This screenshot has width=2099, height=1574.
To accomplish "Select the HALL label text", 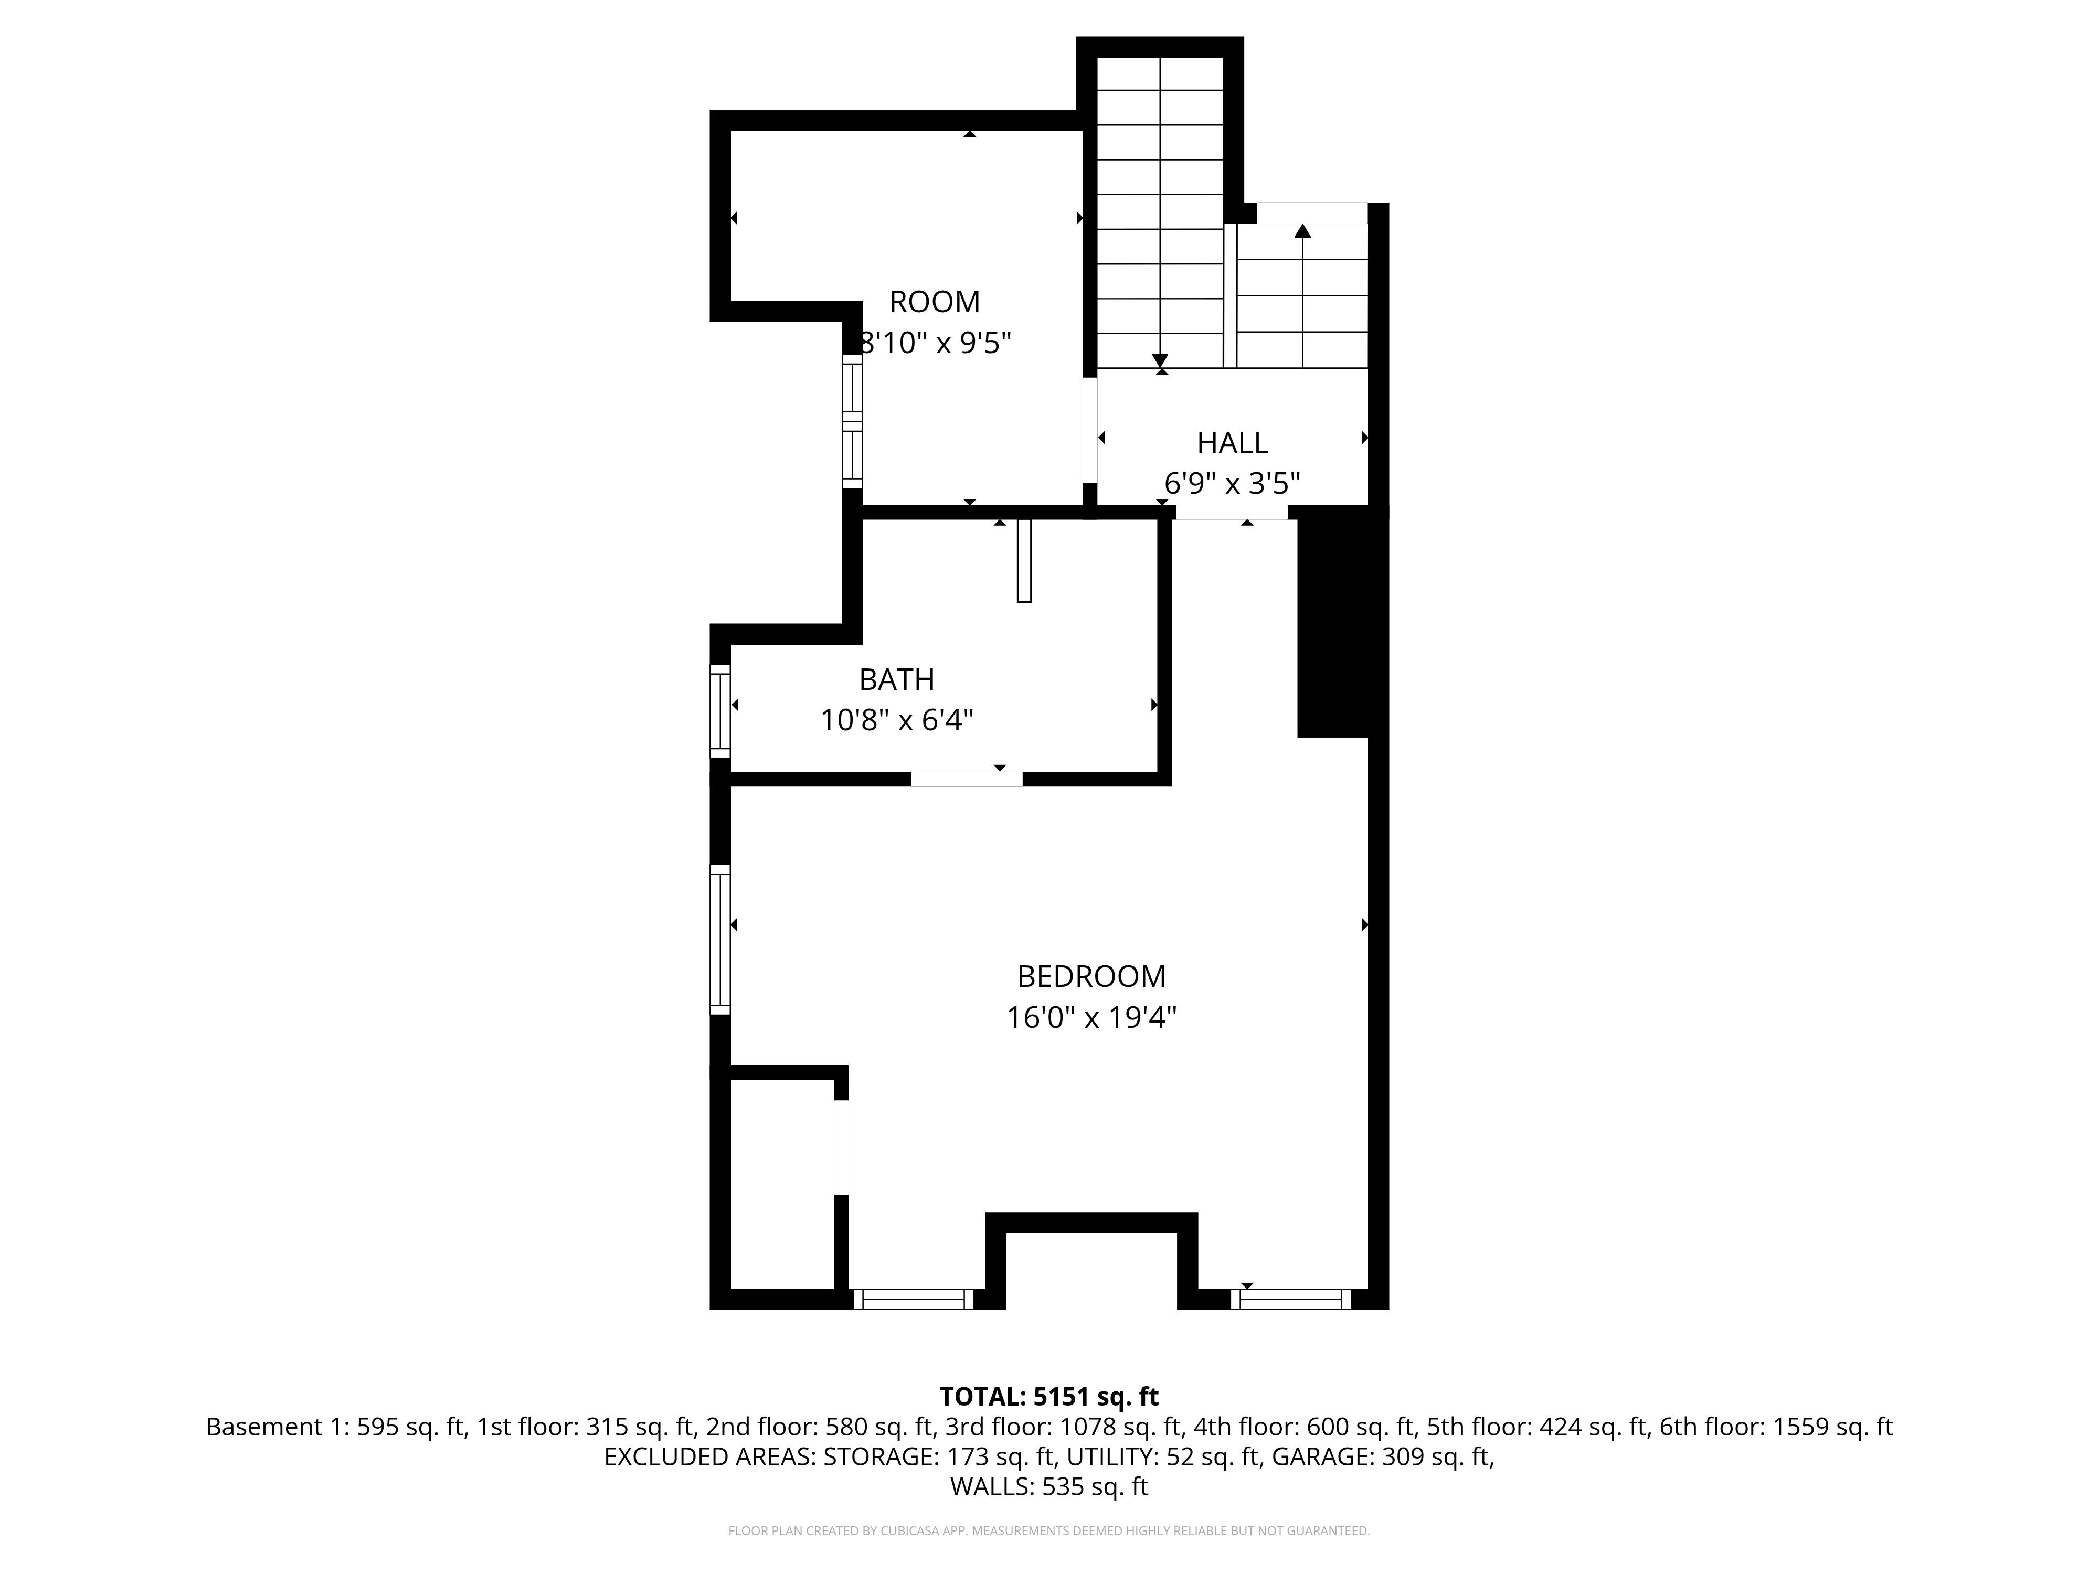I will [x=1232, y=443].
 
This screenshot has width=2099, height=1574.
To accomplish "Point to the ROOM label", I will [x=935, y=302].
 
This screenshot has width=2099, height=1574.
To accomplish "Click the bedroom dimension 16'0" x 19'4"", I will [x=1091, y=1018].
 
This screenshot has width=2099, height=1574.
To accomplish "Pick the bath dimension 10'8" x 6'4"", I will [x=897, y=721].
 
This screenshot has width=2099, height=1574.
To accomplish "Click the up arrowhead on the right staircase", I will [x=1303, y=230].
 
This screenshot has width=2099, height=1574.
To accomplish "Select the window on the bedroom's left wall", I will [x=720, y=939].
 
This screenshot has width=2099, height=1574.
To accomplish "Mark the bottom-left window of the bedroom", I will [x=913, y=1299].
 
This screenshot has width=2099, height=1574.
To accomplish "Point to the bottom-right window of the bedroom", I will [x=1290, y=1299].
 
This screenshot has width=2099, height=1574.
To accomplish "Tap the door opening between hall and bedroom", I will [x=1232, y=512].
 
